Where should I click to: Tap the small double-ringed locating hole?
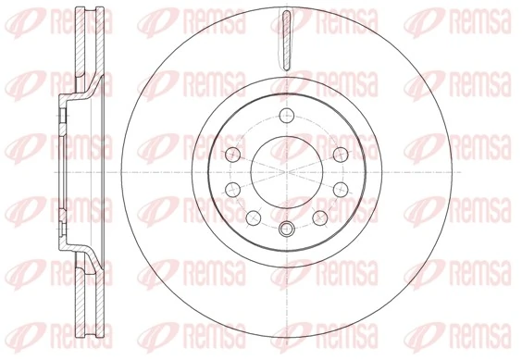[x=284, y=227]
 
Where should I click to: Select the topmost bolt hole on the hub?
[x=284, y=115]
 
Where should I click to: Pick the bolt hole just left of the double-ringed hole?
[x=251, y=217]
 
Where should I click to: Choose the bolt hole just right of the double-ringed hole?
[x=318, y=217]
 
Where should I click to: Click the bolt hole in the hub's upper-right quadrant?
[x=339, y=153]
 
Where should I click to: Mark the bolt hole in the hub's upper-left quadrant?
[x=230, y=153]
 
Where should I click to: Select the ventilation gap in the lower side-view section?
[x=84, y=301]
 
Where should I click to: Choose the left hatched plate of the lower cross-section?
[x=77, y=301]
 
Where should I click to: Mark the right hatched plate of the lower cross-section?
[x=94, y=301]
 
